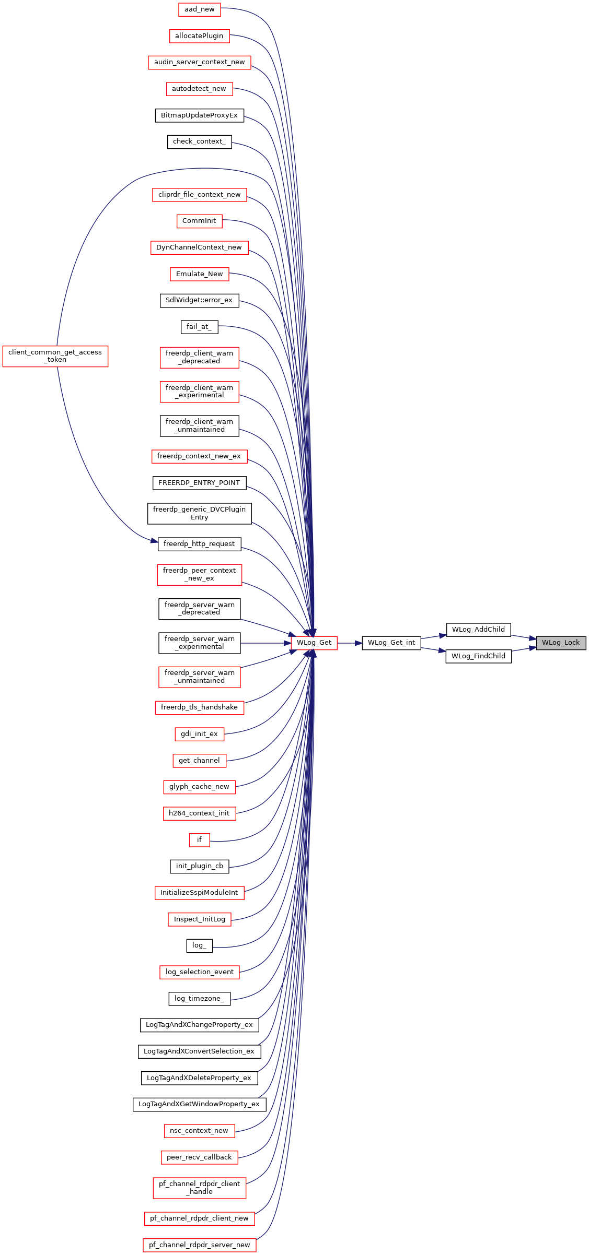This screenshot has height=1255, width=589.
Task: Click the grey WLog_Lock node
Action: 561,643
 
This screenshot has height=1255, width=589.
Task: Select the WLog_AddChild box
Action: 478,630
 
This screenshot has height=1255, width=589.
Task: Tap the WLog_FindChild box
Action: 478,656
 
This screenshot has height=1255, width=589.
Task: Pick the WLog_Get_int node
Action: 391,643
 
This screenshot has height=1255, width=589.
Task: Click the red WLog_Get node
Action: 314,643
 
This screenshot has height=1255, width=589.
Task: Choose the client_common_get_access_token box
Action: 55,356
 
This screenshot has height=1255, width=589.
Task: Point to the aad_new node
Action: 199,9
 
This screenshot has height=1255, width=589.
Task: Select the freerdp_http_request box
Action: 199,544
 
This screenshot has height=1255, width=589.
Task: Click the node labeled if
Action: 199,840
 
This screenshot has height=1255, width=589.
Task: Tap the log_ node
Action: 199,945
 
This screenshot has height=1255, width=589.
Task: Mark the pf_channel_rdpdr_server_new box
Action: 200,1245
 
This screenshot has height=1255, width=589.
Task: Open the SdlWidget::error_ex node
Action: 199,300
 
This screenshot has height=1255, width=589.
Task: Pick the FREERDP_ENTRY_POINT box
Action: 199,483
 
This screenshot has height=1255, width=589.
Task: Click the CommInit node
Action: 199,221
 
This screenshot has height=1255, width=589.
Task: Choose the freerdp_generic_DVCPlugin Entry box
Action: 199,514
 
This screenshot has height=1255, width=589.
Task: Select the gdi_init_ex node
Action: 199,734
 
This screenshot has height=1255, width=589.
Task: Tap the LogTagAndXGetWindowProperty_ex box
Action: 199,1104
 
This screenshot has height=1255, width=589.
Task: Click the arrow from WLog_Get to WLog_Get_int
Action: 350,643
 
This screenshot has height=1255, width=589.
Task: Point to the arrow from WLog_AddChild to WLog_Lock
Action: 524,636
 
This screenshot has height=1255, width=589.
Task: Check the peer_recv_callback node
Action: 199,1157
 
